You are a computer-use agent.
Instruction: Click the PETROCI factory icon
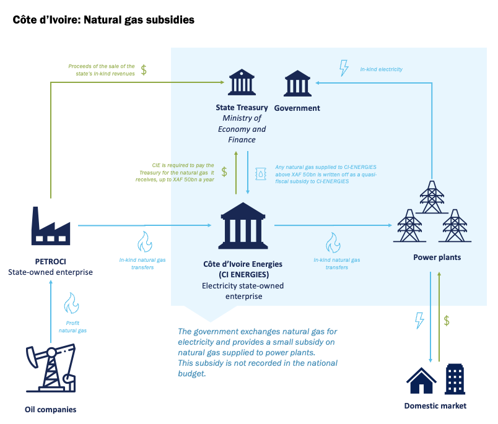click(x=50, y=225)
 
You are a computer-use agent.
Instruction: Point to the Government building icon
click(x=297, y=83)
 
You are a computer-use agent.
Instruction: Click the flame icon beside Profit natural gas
click(x=72, y=304)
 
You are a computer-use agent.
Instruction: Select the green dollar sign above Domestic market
click(x=446, y=321)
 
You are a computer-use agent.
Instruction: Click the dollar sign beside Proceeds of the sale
click(x=144, y=69)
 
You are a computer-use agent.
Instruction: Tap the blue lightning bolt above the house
click(x=419, y=321)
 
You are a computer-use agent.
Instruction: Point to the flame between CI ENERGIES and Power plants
click(x=333, y=241)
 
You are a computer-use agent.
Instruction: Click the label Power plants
click(x=437, y=257)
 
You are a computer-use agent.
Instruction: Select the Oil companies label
click(x=51, y=409)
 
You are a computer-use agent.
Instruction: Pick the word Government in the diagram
click(x=297, y=108)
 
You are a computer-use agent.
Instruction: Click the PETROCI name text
click(x=51, y=261)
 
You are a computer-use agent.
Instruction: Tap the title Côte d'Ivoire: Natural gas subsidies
click(x=103, y=20)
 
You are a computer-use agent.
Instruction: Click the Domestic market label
click(x=435, y=406)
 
